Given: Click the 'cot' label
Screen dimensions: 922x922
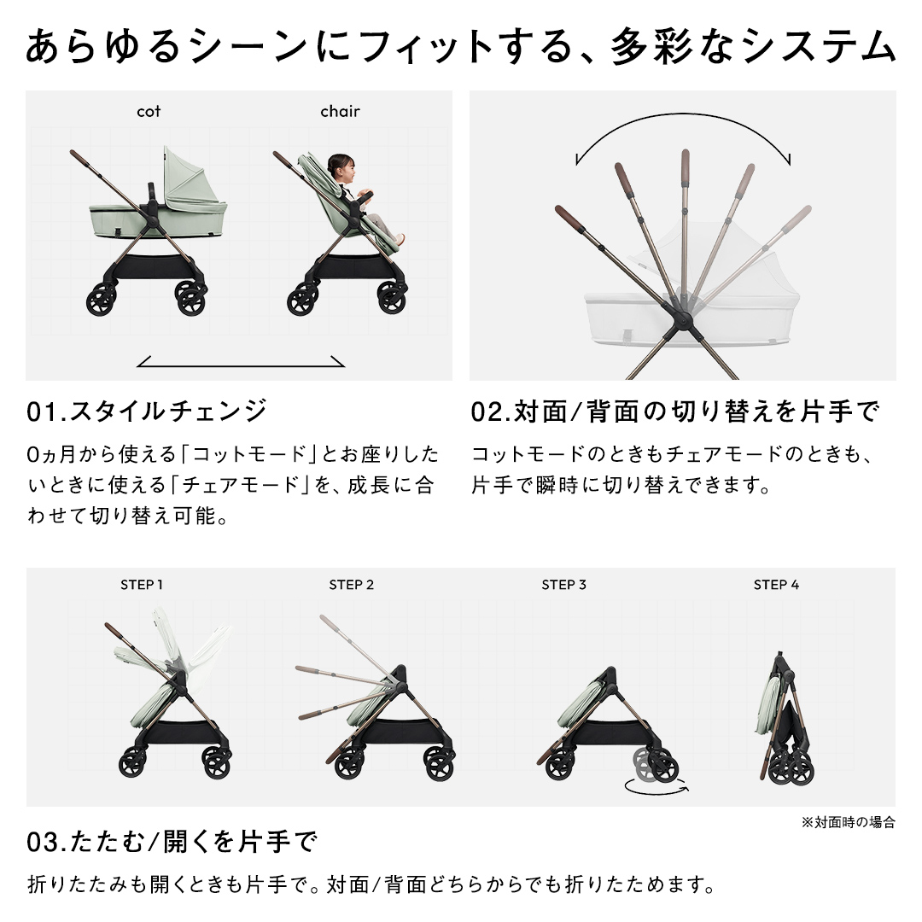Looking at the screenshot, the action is point(149,111).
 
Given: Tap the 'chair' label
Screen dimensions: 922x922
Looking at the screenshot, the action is point(340,111).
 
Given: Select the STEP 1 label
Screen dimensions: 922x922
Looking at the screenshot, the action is point(142,585).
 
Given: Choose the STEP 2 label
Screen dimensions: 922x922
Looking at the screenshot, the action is point(351,585).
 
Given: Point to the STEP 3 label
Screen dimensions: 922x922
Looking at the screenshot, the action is point(563,585).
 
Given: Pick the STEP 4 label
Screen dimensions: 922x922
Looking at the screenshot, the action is point(776,585).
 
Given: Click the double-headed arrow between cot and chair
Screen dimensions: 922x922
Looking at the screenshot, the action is point(241,365).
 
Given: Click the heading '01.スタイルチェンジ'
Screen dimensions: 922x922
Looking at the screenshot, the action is point(147,411).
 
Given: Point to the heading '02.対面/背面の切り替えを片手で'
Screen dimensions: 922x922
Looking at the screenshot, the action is point(675,411).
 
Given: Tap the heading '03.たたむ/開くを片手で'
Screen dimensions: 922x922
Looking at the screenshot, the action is point(172,842).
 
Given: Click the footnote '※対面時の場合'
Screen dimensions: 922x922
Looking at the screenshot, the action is point(848,822).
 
